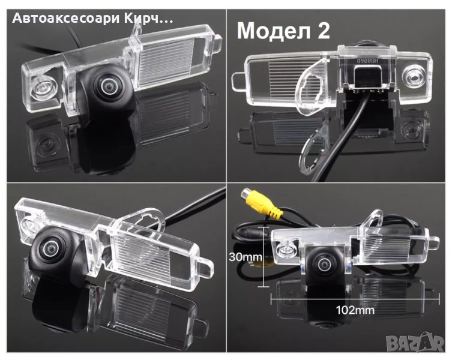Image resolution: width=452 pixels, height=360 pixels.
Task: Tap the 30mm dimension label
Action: [246, 257]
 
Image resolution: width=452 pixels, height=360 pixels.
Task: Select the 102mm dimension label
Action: [355, 310]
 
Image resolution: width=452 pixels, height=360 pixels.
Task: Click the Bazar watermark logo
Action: [415, 343]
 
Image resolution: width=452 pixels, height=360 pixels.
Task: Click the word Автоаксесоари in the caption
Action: [65, 19]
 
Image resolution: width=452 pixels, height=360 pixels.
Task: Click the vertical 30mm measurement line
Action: [264, 257]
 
